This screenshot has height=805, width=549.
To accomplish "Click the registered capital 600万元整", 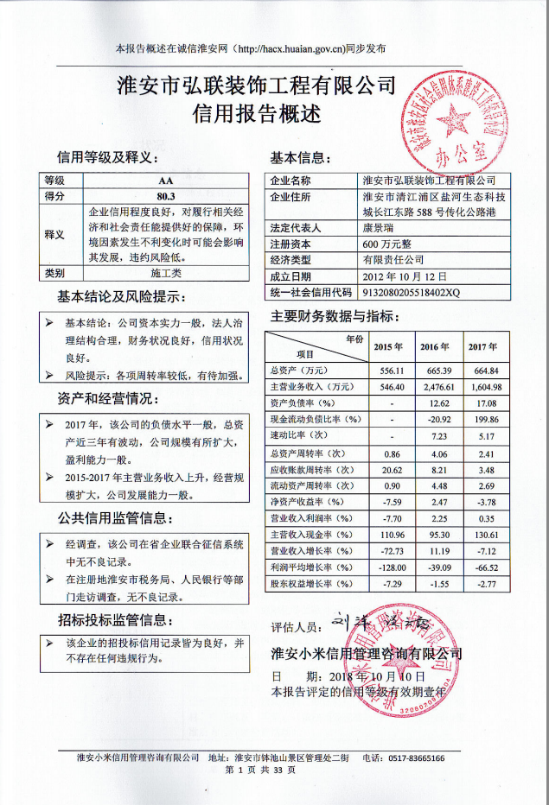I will click(388, 244).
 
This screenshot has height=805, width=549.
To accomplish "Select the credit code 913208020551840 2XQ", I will click(412, 292).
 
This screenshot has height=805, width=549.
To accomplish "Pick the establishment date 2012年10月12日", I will click(405, 276).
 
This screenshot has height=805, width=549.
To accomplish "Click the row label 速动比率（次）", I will click(299, 435).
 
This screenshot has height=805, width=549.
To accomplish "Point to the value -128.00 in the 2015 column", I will click(383, 567).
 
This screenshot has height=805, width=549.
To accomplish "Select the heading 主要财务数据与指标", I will click(333, 316).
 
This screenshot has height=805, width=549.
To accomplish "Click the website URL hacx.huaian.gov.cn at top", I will click(290, 49).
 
